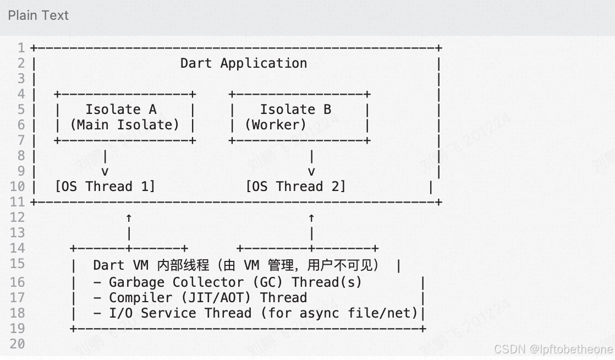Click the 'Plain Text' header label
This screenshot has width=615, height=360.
click(38, 15)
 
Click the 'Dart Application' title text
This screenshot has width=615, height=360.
click(244, 63)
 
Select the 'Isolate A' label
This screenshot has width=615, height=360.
click(121, 110)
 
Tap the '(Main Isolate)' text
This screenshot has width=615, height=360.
click(125, 125)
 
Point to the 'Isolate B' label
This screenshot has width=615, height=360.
click(295, 110)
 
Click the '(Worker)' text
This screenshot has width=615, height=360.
click(276, 125)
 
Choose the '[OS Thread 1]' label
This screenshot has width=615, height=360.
click(105, 187)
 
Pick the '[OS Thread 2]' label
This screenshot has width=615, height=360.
click(295, 187)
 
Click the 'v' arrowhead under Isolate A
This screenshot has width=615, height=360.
click(105, 172)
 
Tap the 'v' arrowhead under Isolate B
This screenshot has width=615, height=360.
click(311, 172)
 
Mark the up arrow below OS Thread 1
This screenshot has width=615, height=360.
click(129, 218)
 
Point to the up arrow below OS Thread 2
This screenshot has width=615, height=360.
click(311, 218)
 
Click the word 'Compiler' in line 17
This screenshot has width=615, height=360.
click(140, 298)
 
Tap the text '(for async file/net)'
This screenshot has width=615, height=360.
click(339, 313)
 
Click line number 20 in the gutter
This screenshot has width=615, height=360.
click(17, 344)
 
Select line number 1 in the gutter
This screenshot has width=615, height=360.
click(21, 48)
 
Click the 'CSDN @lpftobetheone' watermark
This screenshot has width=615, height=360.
click(553, 349)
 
